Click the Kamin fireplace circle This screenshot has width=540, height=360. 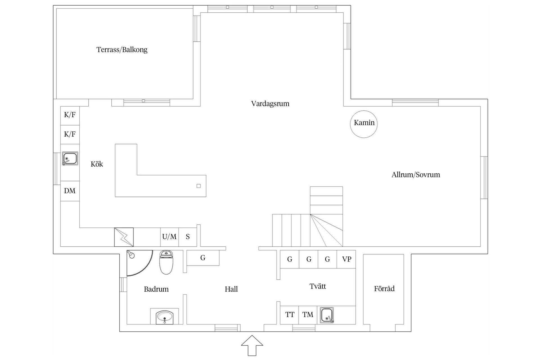point(364,124)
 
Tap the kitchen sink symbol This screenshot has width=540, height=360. point(70,159)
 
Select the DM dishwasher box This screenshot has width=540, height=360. point(70,191)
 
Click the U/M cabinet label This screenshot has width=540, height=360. point(169,237)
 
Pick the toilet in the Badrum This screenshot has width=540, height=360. point(166,262)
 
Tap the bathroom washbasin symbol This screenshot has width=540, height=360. point(165,317)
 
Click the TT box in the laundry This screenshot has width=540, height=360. point(289,315)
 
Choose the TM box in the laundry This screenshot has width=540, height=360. point(308,315)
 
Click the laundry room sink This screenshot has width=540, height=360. point(327,315)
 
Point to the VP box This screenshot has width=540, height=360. point(346,259)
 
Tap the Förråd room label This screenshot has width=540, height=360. point(384,289)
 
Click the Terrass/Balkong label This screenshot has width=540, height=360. point(122,50)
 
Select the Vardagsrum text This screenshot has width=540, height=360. point(270,104)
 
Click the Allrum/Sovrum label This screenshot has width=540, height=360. point(415,175)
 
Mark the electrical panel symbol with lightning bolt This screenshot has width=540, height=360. point(124,237)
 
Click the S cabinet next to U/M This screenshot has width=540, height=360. point(188,237)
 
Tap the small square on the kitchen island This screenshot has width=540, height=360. point(199,186)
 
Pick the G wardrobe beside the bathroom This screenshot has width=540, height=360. point(203,258)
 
